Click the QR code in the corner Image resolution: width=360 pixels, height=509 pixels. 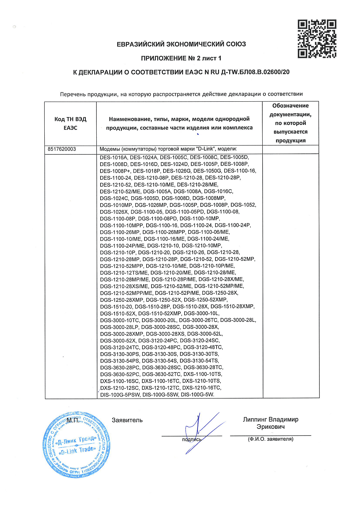tap(317, 39)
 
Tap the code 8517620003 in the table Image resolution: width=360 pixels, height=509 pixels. tap(62, 149)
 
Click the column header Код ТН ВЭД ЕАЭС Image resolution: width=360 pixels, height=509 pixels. tap(70, 123)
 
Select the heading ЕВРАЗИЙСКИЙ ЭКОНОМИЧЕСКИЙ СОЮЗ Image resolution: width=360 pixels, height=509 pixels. tap(181, 44)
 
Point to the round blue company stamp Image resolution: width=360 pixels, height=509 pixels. tap(76, 445)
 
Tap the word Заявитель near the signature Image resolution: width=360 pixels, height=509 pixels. tap(127, 420)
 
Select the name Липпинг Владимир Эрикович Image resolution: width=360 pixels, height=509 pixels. tap(270, 423)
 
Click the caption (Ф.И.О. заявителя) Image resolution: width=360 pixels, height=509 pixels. tap(270, 439)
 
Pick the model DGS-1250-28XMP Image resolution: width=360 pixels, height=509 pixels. tap(122, 300)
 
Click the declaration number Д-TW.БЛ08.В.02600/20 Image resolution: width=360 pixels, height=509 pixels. tap(255, 72)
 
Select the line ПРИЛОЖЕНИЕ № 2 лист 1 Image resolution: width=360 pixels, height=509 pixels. tap(181, 58)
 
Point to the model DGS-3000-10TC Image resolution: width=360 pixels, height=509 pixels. tap(120, 320)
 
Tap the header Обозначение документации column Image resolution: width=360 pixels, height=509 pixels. tap(290, 123)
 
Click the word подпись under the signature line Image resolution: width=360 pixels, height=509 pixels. tap(192, 439)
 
